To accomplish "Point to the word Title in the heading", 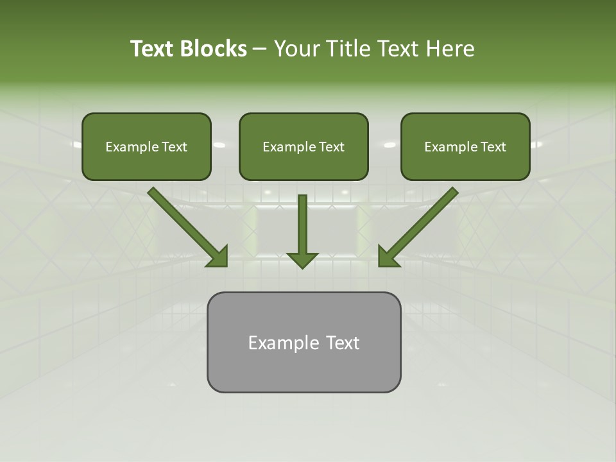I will [x=349, y=49].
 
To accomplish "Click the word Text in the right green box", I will [x=493, y=147].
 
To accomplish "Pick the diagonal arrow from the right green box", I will [x=420, y=225].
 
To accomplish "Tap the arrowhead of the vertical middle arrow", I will [x=302, y=260].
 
